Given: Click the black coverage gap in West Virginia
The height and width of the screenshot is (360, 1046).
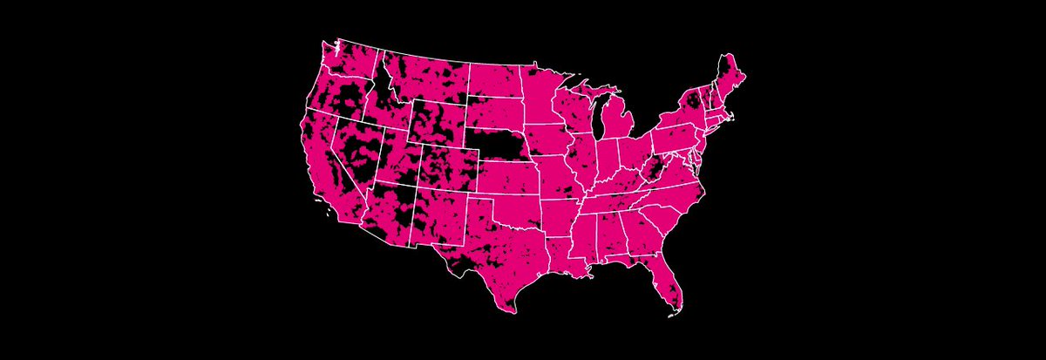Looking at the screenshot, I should [x=655, y=169].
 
